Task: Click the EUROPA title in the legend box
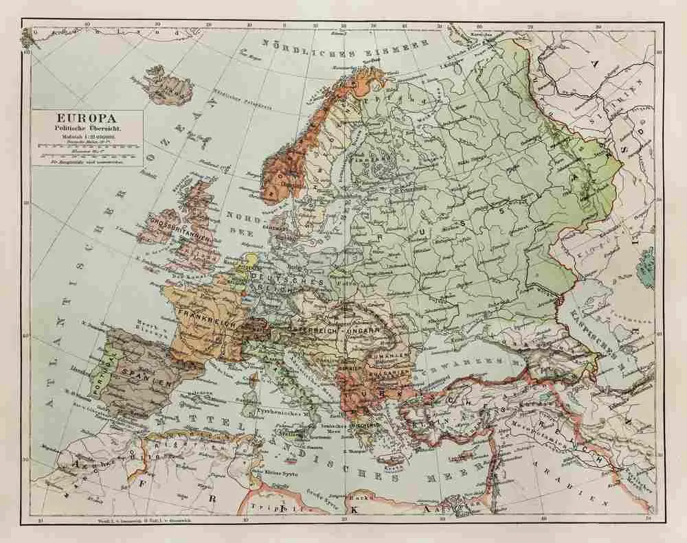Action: coord(87,118)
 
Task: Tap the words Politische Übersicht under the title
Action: coord(87,128)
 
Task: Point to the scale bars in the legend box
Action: coord(87,146)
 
